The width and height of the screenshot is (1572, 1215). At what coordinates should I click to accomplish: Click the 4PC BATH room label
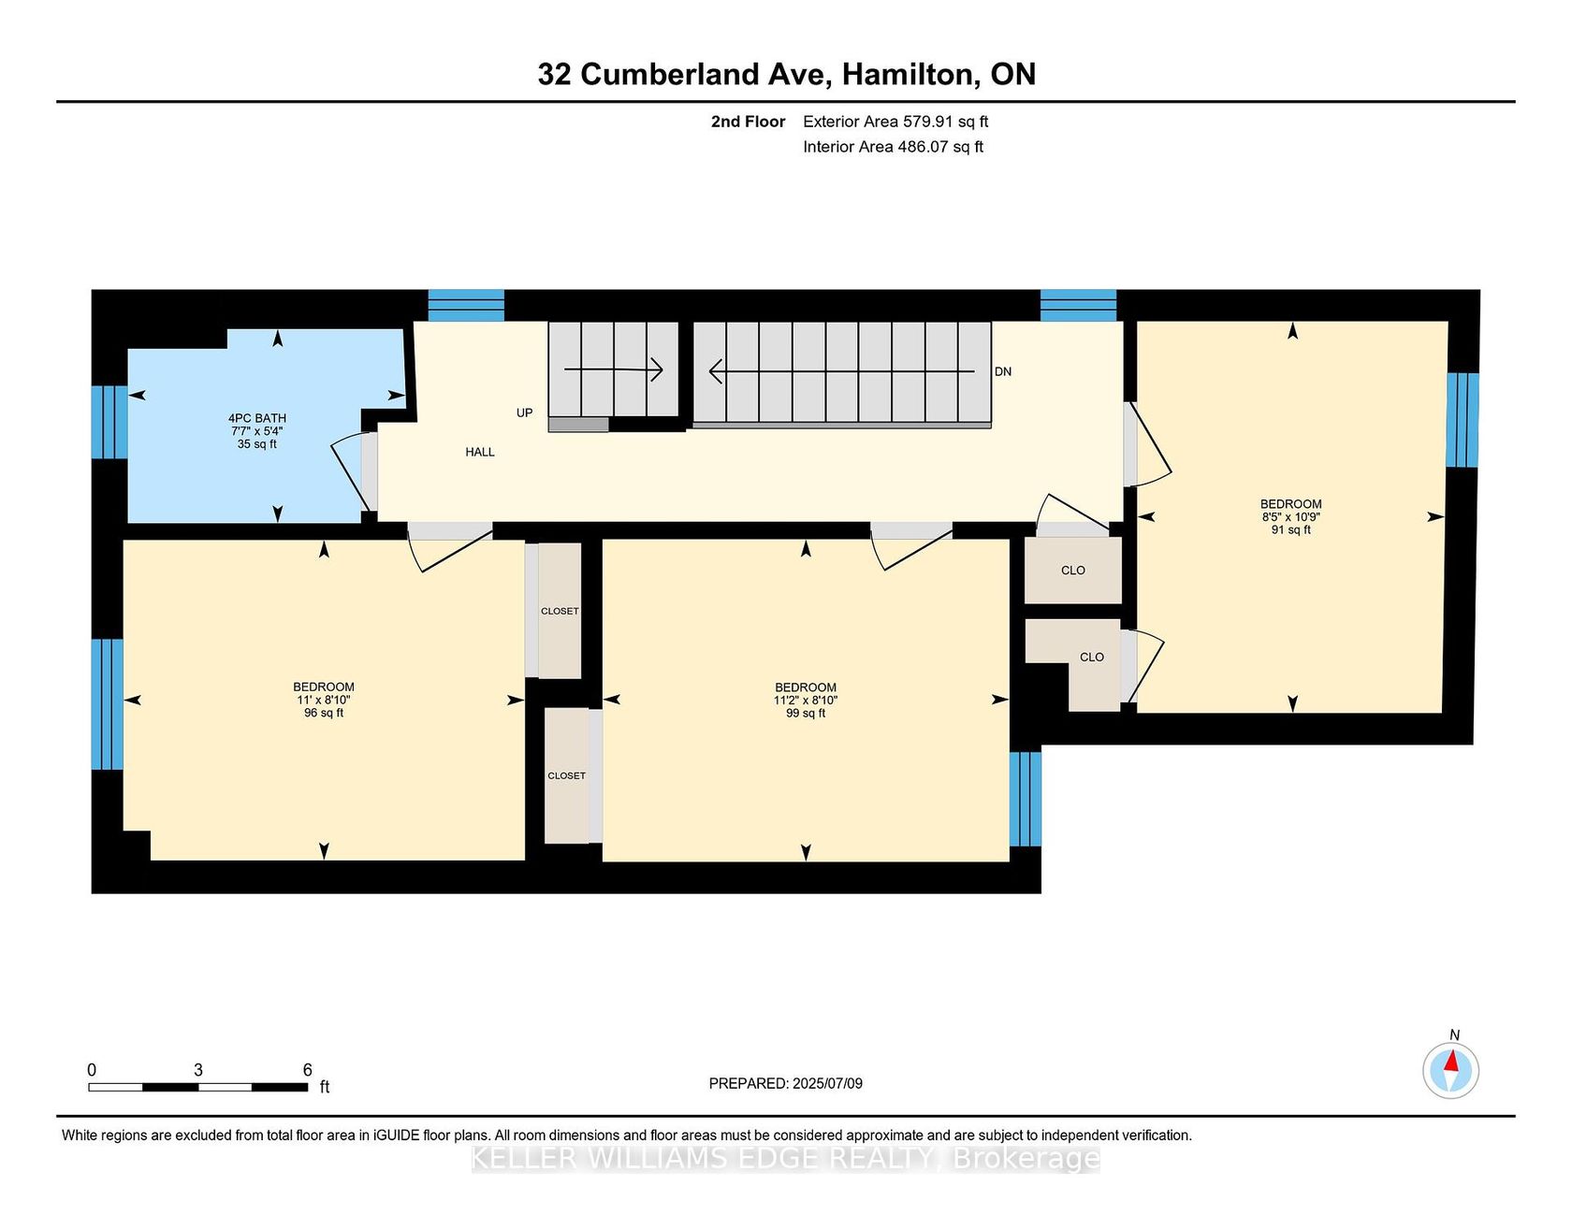click(x=257, y=418)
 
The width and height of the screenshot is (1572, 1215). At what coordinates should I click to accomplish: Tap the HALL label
click(x=480, y=452)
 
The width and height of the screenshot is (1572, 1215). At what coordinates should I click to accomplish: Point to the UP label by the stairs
click(x=525, y=412)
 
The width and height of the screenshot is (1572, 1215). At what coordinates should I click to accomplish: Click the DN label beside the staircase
click(x=1003, y=371)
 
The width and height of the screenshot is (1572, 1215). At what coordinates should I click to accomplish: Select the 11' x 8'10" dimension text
click(x=324, y=700)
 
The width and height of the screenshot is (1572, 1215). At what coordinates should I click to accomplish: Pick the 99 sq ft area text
click(x=806, y=713)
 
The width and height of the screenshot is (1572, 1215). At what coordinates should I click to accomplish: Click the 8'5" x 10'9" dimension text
click(x=1291, y=516)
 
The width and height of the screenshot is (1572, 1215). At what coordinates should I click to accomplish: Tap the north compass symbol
click(x=1451, y=1070)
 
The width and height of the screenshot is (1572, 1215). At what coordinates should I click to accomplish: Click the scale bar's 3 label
click(x=198, y=1070)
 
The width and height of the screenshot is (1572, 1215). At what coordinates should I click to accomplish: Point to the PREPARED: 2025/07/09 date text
click(x=786, y=1083)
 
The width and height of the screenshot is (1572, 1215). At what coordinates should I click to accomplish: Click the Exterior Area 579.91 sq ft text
click(x=895, y=122)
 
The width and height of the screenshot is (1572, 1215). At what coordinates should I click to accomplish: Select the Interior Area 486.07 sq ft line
click(x=893, y=147)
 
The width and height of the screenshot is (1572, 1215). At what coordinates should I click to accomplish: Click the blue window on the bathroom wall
click(x=109, y=422)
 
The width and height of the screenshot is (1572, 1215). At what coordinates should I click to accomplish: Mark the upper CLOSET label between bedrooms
click(x=560, y=611)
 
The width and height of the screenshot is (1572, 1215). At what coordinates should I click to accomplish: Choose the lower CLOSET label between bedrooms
click(x=567, y=775)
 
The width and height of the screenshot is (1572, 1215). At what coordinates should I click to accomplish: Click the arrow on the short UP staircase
click(x=613, y=369)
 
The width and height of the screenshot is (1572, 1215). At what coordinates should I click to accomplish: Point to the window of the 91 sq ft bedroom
click(x=1463, y=420)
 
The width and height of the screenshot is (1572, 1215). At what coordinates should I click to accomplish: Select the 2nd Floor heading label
click(x=748, y=122)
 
